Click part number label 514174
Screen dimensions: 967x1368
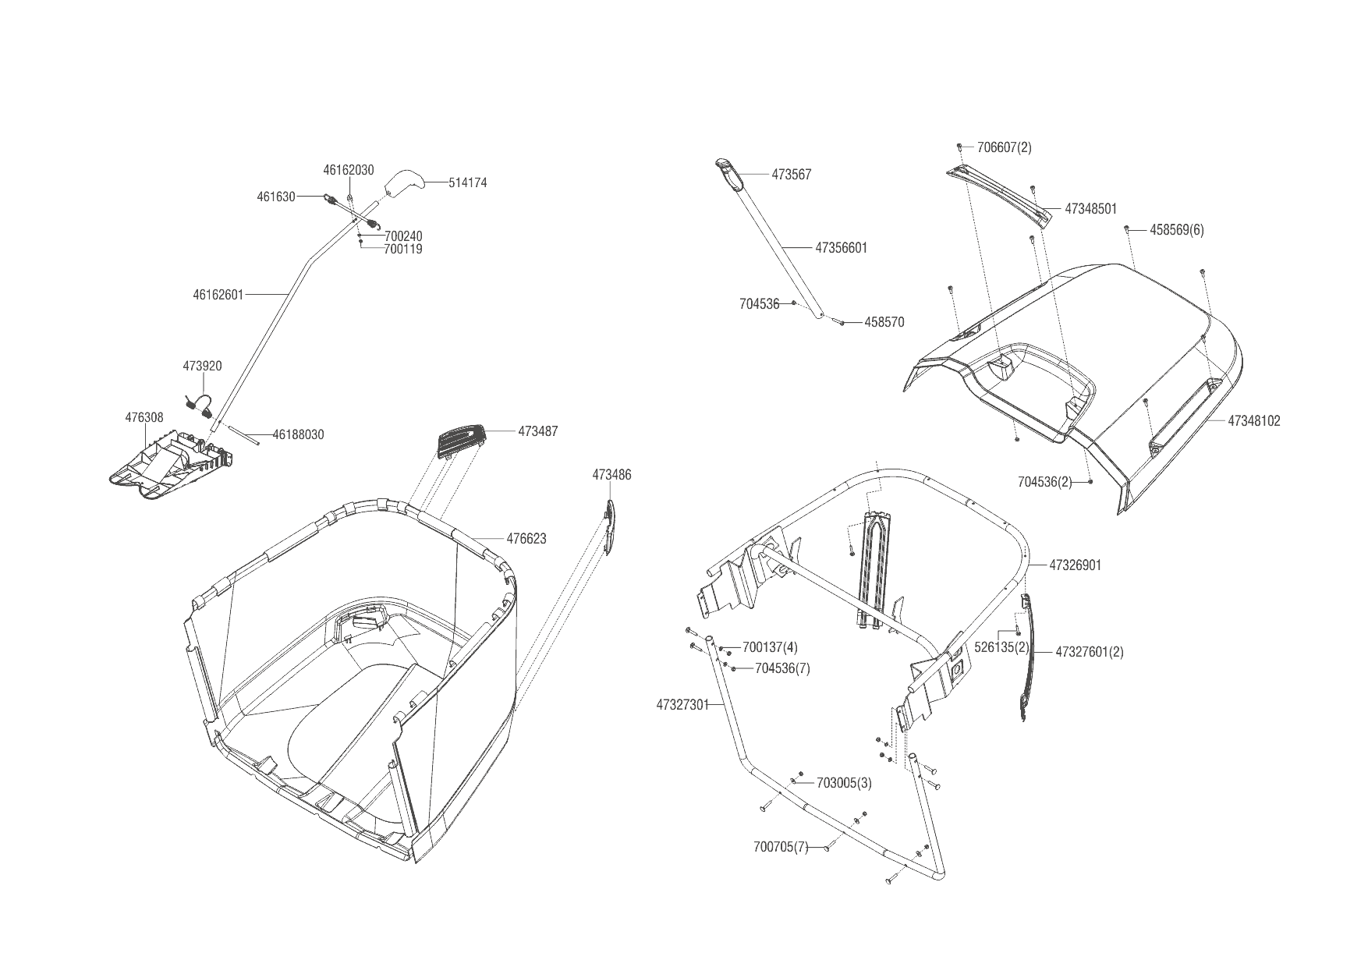(x=468, y=183)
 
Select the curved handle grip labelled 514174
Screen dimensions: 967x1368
(x=404, y=183)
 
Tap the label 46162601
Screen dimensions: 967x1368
(x=218, y=295)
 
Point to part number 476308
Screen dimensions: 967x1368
(x=144, y=418)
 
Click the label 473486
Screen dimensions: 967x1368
(x=611, y=475)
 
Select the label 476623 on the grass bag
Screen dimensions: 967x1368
(x=526, y=539)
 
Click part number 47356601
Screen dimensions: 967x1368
(x=841, y=248)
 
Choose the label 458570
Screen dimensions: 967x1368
(x=884, y=322)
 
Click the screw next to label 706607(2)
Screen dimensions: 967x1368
(x=960, y=147)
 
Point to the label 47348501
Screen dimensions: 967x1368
(x=1090, y=209)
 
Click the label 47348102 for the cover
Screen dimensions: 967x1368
(x=1254, y=421)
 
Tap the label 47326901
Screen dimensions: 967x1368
(x=1076, y=565)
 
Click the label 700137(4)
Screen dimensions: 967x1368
(x=770, y=647)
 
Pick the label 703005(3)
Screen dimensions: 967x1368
(x=844, y=783)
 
